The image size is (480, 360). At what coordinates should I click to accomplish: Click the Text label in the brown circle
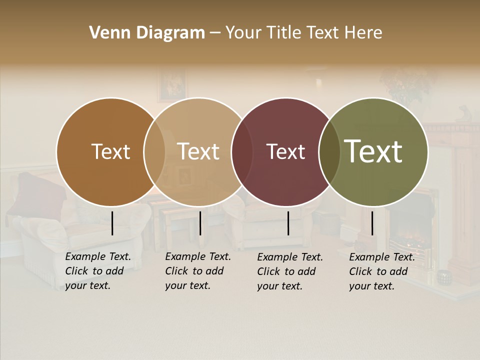click(x=110, y=151)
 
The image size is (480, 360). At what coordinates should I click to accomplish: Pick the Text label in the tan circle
click(x=198, y=151)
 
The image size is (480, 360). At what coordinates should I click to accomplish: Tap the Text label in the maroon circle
click(x=285, y=151)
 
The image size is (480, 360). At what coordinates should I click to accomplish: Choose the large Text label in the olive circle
click(x=373, y=151)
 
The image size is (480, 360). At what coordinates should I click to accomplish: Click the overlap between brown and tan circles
click(x=154, y=151)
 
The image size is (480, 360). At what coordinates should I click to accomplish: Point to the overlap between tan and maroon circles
click(x=242, y=151)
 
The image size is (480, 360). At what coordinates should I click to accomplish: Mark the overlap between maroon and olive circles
click(x=329, y=151)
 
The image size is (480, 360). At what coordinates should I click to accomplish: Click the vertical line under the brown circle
click(x=112, y=223)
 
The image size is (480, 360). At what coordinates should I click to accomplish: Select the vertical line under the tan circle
click(x=200, y=223)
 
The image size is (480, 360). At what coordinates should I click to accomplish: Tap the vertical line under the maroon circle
click(x=288, y=223)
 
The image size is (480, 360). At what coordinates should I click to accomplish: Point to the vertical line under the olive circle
click(x=372, y=223)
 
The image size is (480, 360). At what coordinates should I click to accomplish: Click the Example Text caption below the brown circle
click(x=98, y=271)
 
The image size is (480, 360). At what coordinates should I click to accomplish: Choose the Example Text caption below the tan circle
click(x=198, y=271)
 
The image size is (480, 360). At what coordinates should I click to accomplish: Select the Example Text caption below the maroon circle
click(x=290, y=271)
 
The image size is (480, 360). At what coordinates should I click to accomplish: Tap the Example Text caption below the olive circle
click(x=382, y=271)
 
